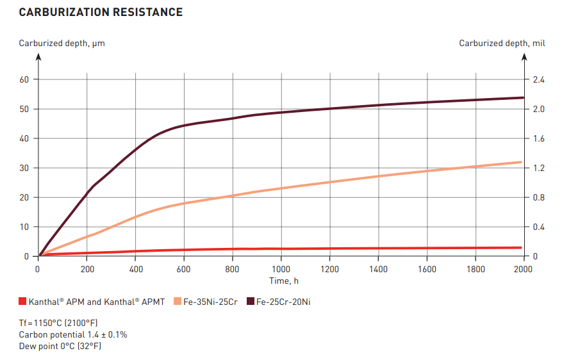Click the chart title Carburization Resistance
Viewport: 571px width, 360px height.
(101, 12)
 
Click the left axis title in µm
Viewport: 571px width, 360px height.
(62, 44)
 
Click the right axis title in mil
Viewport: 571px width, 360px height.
(502, 44)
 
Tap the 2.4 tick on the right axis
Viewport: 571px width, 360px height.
(539, 79)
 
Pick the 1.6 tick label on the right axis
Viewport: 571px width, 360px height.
(539, 138)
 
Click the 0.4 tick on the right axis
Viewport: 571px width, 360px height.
(539, 227)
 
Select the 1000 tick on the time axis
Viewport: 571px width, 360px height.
(281, 269)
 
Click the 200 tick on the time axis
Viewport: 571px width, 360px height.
(87, 269)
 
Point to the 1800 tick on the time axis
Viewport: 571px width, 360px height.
(475, 269)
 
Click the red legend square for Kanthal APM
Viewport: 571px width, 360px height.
(22, 301)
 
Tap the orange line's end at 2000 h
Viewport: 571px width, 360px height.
(520, 162)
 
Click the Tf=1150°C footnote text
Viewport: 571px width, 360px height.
(58, 323)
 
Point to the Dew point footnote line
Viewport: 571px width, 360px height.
(60, 346)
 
